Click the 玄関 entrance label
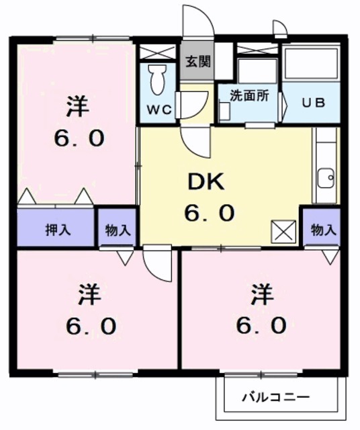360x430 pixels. (x=198, y=62)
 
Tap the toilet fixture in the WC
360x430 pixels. (x=158, y=79)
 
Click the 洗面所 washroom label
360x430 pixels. (x=249, y=95)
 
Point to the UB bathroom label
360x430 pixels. (x=312, y=103)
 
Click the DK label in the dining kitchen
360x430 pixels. (x=209, y=181)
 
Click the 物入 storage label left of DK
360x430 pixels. (x=118, y=230)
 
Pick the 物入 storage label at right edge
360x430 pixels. (x=323, y=230)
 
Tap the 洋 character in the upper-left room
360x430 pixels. (x=78, y=106)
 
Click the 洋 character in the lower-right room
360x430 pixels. (x=261, y=293)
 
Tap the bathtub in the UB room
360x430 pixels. (x=310, y=65)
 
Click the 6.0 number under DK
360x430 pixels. (x=209, y=214)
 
